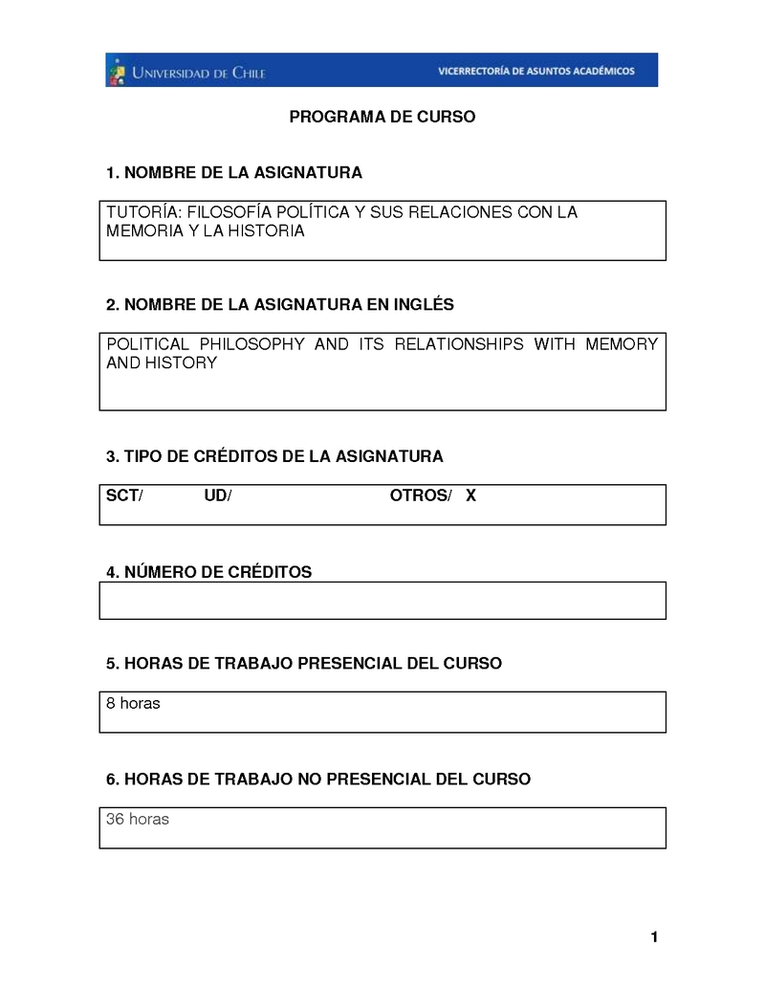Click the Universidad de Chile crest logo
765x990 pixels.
tap(117, 71)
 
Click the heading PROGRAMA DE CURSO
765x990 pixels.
tap(382, 118)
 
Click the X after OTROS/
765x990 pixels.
tap(470, 495)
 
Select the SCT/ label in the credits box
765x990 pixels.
tap(124, 495)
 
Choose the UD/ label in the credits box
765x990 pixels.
tap(218, 495)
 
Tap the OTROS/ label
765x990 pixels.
tap(420, 495)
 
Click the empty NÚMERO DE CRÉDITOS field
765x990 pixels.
tap(382, 601)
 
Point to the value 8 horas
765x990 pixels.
tap(133, 704)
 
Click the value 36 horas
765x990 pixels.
tap(137, 819)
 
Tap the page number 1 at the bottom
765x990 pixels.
tap(654, 937)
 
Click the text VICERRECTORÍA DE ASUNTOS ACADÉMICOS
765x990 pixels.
tap(535, 71)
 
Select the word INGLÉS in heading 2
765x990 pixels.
tap(423, 305)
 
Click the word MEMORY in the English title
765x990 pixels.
tap(622, 344)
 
